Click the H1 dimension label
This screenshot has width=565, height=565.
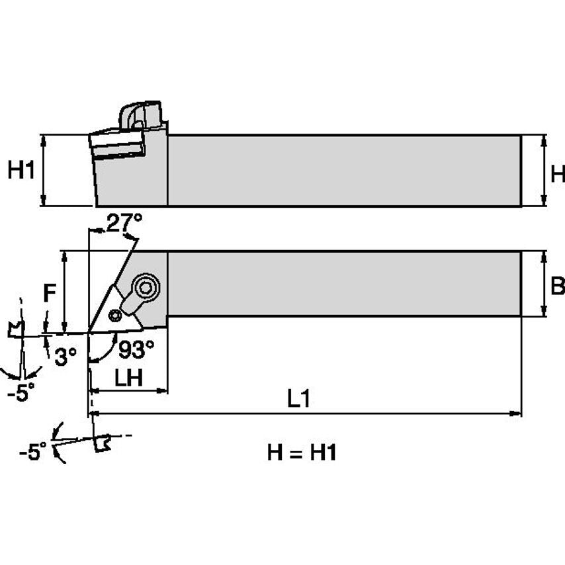21,171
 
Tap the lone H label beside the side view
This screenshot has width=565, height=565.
558,173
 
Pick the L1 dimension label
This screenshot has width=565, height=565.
299,400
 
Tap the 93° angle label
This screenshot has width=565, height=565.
136,347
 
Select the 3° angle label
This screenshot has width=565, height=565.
65,357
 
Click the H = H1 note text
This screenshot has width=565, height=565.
302,453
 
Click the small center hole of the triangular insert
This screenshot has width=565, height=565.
117,314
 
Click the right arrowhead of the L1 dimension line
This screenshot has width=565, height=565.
517,414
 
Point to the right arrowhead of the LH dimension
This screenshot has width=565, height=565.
163,392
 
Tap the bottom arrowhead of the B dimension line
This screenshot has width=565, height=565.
543,313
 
